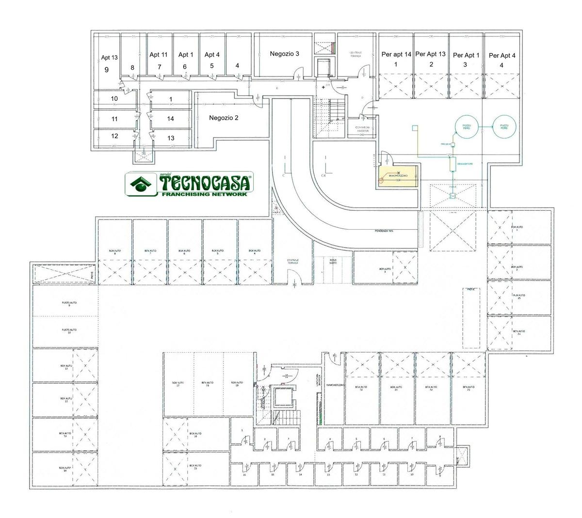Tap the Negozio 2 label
click(224, 118)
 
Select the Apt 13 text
click(109, 57)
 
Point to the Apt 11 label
click(159, 55)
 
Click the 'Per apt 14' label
click(396, 55)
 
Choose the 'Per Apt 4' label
click(502, 56)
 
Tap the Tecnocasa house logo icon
click(141, 184)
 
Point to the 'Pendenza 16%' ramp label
click(384, 231)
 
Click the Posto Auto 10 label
click(69, 331)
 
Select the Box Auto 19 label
click(237, 384)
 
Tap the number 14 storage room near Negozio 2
click(170, 119)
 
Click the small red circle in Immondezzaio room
click(381, 180)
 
